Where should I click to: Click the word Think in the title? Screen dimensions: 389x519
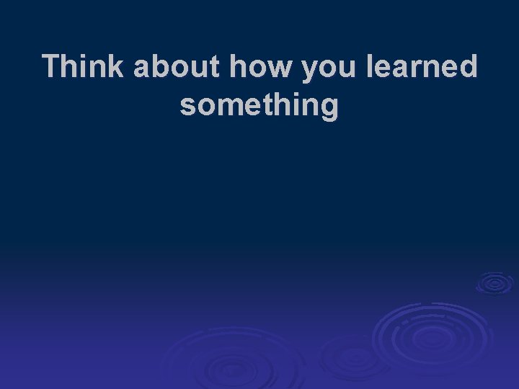tap(84, 67)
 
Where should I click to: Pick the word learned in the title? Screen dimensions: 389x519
tap(423, 67)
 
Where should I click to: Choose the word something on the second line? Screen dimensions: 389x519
tap(259, 106)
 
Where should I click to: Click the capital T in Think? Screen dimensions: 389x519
tap(52, 67)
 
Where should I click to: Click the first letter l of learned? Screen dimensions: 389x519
tap(371, 67)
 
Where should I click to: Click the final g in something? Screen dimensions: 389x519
tap(329, 108)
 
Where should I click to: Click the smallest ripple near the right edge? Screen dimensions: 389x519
tap(494, 283)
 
